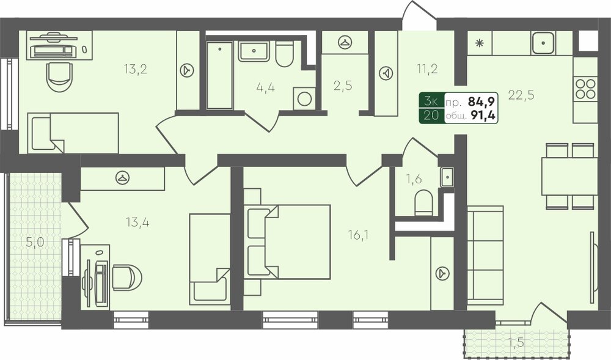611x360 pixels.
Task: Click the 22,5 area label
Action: tap(521, 95)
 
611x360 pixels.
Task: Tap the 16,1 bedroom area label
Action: tap(359, 235)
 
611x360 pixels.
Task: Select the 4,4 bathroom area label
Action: tap(265, 87)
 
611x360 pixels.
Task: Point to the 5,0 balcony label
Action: tap(35, 242)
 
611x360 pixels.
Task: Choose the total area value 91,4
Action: tap(483, 116)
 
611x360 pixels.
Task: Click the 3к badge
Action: tap(431, 101)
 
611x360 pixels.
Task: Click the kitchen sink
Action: tap(543, 42)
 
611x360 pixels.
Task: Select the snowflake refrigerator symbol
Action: tap(479, 43)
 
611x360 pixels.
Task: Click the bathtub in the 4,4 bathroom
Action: tap(219, 75)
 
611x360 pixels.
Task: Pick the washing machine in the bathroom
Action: tap(304, 98)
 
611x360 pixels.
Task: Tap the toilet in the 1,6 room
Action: tap(423, 202)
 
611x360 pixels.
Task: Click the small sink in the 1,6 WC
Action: tap(447, 177)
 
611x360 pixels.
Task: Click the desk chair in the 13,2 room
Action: tap(60, 77)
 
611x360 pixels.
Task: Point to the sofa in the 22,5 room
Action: tap(485, 255)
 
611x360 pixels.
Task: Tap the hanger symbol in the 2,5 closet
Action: tap(345, 42)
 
